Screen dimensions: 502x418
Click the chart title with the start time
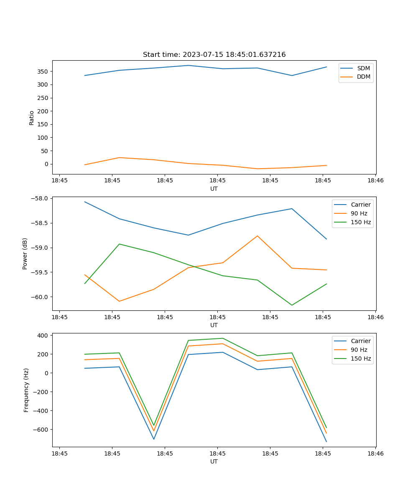pyautogui.click(x=214, y=55)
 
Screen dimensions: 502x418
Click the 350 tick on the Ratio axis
pyautogui.click(x=43, y=72)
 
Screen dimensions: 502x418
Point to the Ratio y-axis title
pyautogui.click(x=32, y=118)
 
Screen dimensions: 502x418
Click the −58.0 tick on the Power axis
pyautogui.click(x=41, y=198)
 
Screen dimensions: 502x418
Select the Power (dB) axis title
pyautogui.click(x=25, y=254)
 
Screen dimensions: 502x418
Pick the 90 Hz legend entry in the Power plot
pyautogui.click(x=359, y=213)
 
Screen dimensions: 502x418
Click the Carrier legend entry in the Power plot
pyautogui.click(x=360, y=205)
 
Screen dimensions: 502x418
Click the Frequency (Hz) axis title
pyautogui.click(x=26, y=390)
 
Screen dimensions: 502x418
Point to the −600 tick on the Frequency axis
pyautogui.click(x=41, y=430)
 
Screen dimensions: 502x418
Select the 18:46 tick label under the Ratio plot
pyautogui.click(x=375, y=181)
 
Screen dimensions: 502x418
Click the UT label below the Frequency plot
pyautogui.click(x=214, y=461)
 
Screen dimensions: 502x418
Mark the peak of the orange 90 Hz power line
pyautogui.click(x=257, y=236)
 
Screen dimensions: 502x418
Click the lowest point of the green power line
pyautogui.click(x=292, y=305)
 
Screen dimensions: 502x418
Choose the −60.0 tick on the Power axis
pyautogui.click(x=41, y=297)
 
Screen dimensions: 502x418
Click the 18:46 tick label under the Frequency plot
pyautogui.click(x=375, y=453)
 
